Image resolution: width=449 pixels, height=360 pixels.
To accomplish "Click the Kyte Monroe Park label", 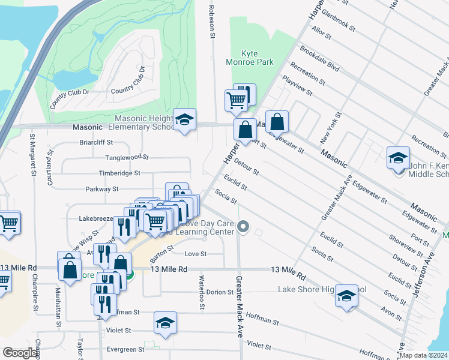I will tap(258, 58).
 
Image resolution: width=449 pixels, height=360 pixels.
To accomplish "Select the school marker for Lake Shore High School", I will tap(346, 296).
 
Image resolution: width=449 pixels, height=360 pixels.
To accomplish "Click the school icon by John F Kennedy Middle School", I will tap(397, 158).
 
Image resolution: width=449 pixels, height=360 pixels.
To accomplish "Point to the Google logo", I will tap(20, 353).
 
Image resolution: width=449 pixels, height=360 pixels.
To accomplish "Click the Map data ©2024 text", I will tap(423, 355).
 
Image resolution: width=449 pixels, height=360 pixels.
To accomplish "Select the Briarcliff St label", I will tap(96, 143).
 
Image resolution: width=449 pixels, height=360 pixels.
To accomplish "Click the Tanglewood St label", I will tap(127, 157).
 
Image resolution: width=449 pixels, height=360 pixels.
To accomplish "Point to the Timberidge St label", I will tap(120, 173).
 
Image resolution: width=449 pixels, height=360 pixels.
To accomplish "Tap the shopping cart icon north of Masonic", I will tap(236, 100).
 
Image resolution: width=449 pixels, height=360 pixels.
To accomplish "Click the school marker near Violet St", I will tap(165, 323).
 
